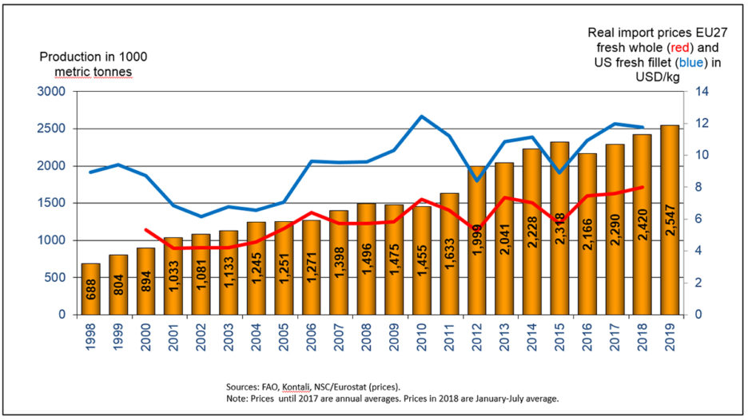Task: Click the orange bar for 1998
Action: (91, 288)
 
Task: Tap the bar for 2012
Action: (476, 240)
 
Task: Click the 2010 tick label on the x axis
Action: (422, 338)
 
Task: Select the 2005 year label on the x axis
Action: (284, 338)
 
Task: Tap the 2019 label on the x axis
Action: (670, 338)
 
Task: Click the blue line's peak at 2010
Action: (421, 117)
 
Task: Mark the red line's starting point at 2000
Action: (145, 230)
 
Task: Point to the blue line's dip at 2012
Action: (476, 180)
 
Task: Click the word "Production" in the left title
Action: (71, 57)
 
